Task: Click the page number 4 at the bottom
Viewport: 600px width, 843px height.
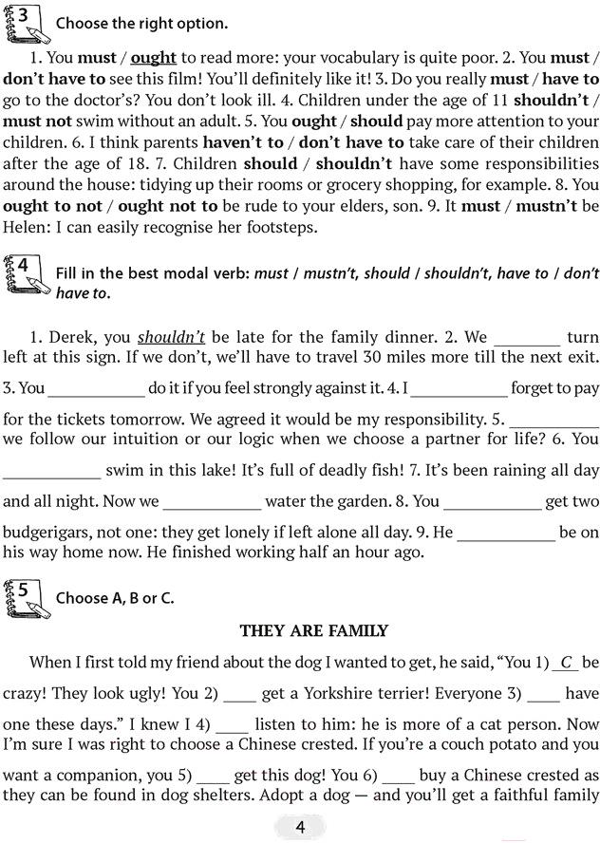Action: (x=300, y=828)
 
